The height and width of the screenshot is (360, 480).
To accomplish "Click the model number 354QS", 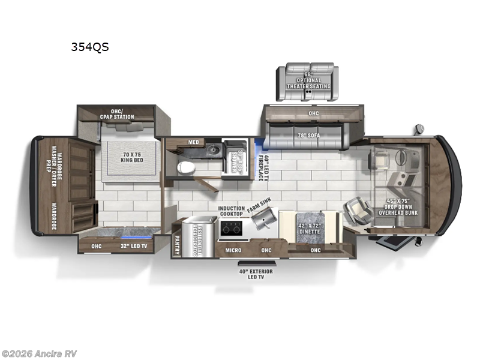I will click(x=90, y=47).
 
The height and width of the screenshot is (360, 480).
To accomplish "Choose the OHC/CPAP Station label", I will click(x=117, y=114).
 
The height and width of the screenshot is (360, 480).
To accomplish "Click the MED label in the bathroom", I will click(x=193, y=142).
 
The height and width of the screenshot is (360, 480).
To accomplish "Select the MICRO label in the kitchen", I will click(x=233, y=250).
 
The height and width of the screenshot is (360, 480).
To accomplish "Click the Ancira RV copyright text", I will click(x=39, y=353).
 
